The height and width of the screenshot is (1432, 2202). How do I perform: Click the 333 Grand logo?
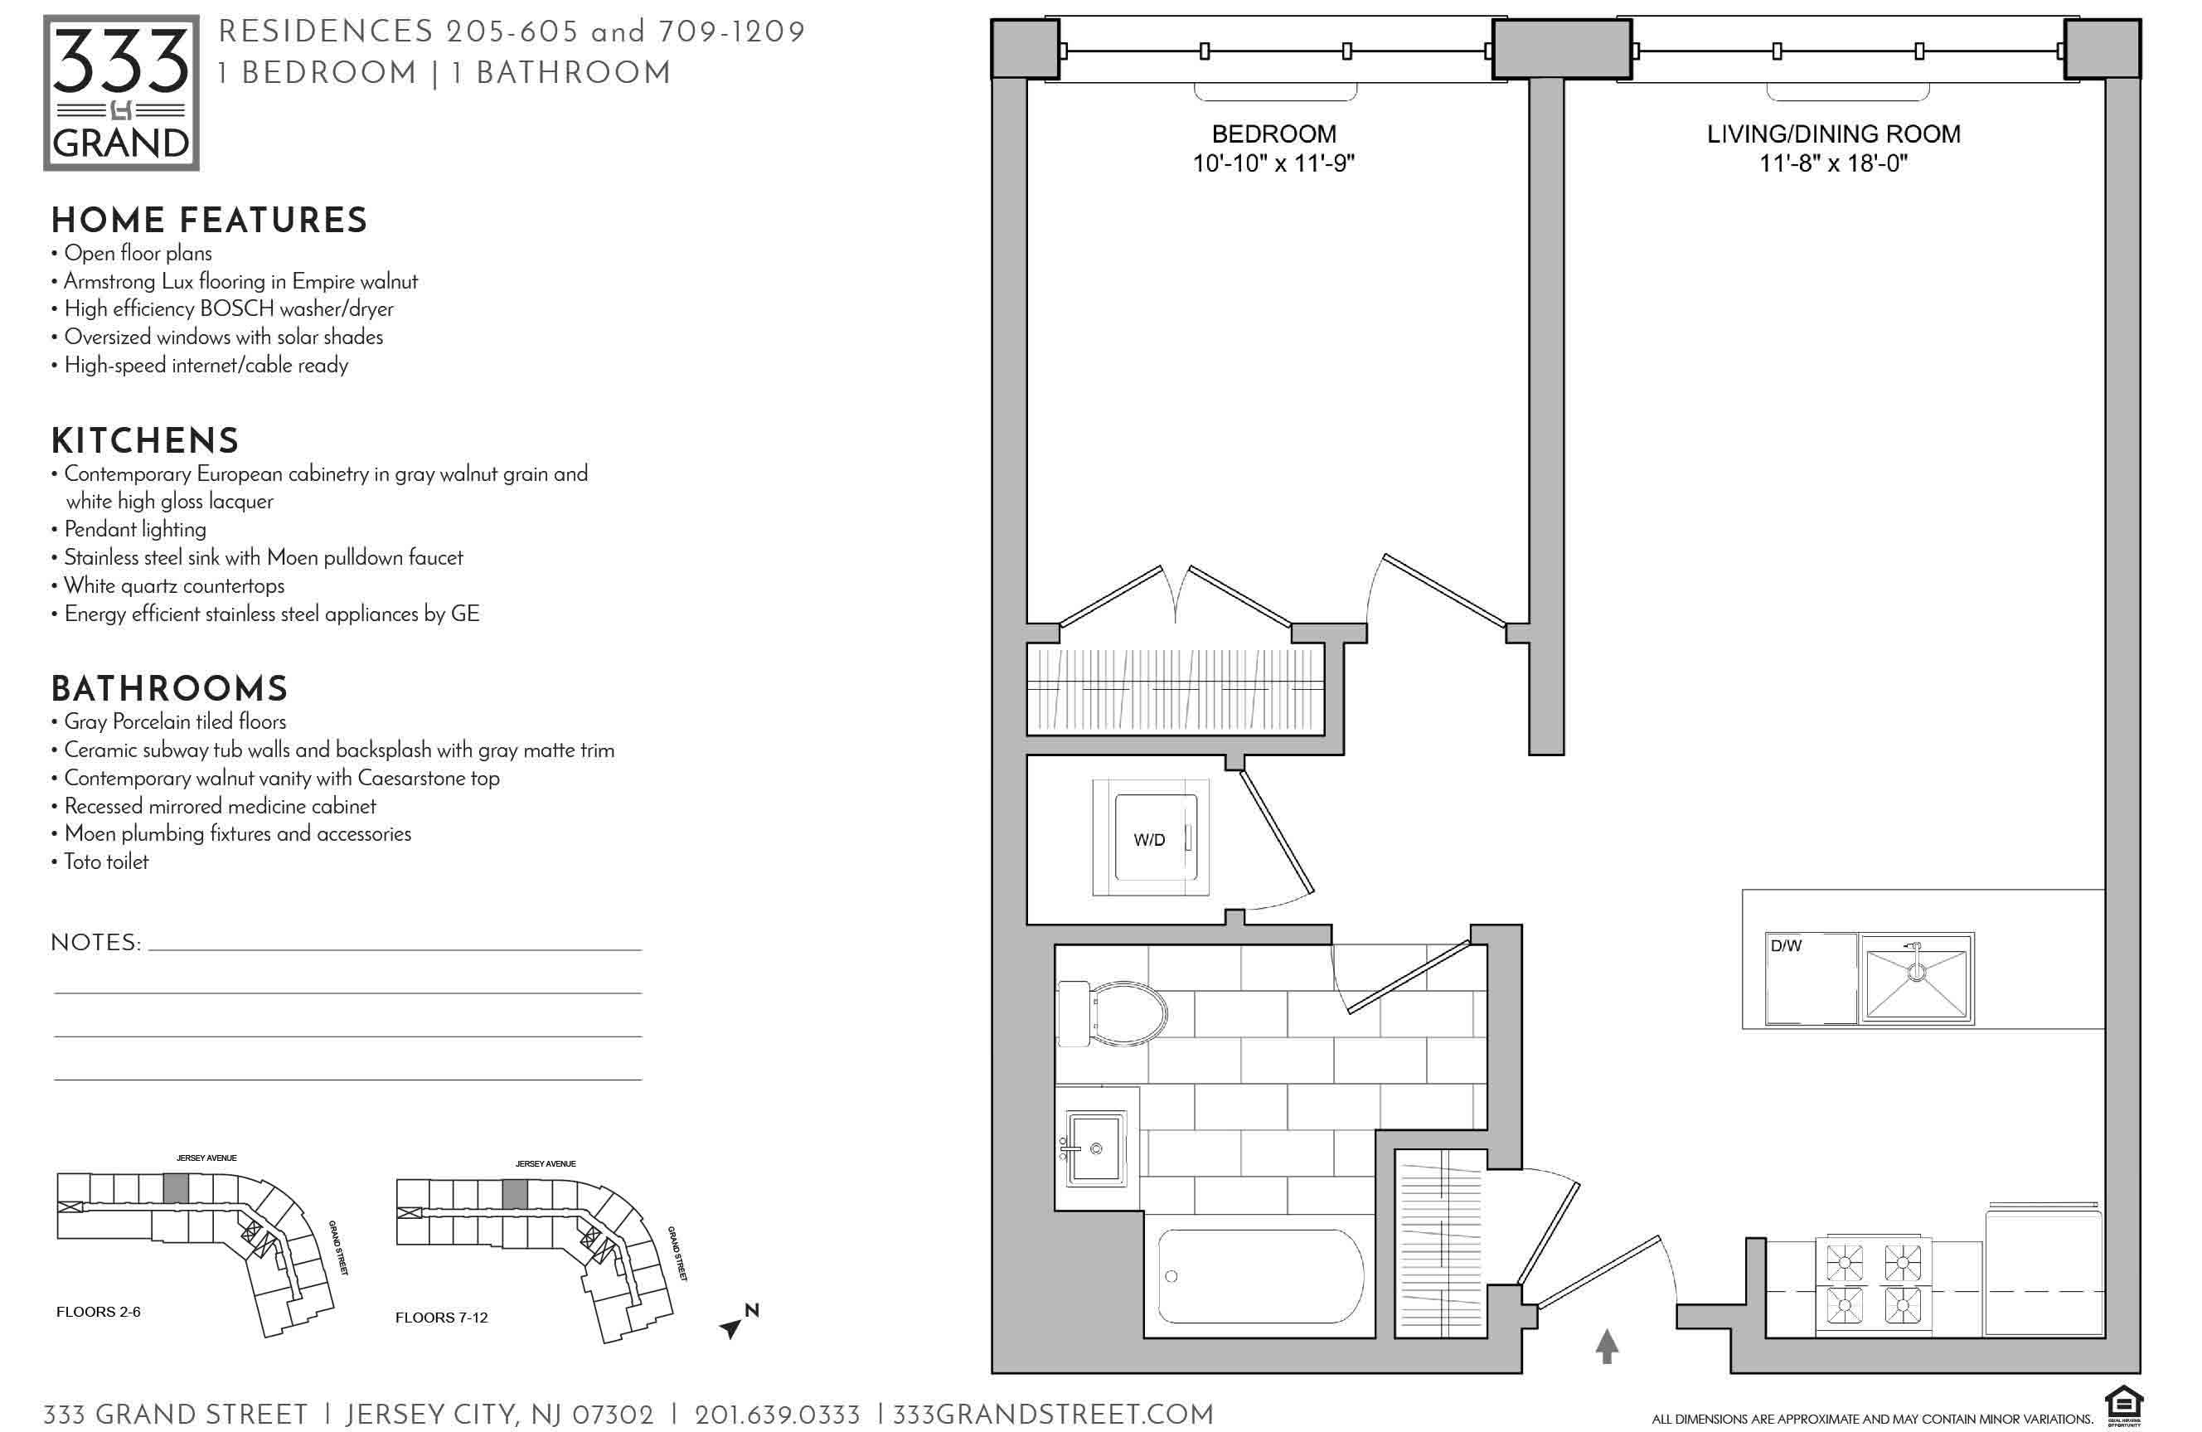(121, 93)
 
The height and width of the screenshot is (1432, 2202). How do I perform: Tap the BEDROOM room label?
(1273, 134)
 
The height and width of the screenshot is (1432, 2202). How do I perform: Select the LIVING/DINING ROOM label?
(1833, 134)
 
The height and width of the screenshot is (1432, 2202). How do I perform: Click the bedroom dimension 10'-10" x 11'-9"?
(1273, 163)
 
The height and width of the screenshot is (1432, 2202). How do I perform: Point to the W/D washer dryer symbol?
(1151, 838)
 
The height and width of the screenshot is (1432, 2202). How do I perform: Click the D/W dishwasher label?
(1786, 945)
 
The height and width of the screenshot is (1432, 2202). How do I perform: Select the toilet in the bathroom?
(1111, 1014)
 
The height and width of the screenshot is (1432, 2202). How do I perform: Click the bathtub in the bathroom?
(1261, 1277)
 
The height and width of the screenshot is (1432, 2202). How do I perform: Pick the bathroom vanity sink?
(1096, 1149)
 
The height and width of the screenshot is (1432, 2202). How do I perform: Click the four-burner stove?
(1874, 1284)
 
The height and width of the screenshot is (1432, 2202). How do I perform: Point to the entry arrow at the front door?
(1607, 1346)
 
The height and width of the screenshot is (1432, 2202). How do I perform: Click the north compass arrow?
(731, 1328)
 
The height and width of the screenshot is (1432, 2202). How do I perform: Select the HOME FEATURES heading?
(209, 221)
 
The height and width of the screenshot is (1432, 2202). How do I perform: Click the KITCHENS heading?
(145, 441)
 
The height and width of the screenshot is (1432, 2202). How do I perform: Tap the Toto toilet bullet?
(100, 862)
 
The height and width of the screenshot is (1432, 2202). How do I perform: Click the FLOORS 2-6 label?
(98, 1312)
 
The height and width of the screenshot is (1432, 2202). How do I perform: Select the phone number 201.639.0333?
(777, 1415)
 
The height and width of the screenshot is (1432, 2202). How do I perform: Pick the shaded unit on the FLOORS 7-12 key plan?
(516, 1193)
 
